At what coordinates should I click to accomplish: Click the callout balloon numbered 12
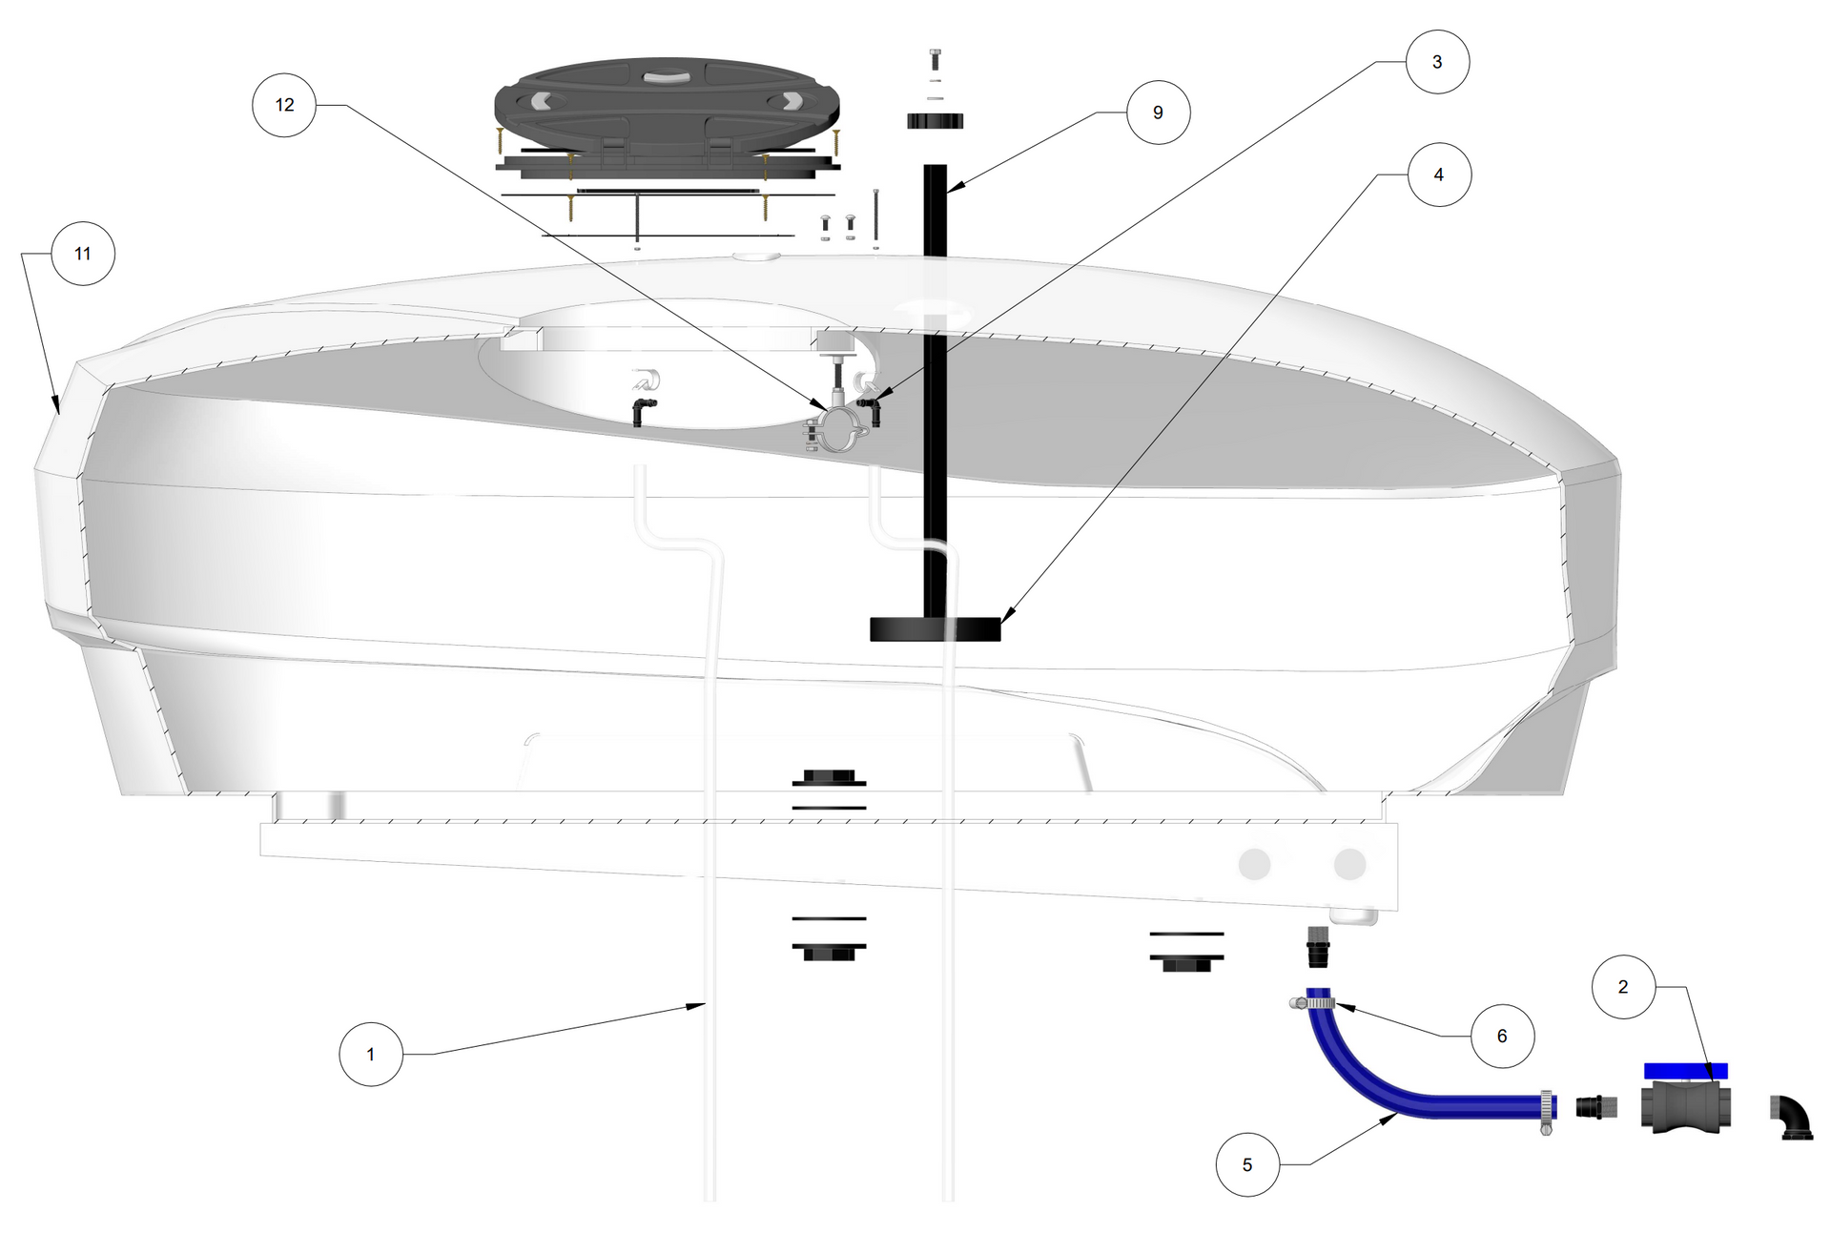tap(284, 105)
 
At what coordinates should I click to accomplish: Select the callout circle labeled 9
tap(1158, 113)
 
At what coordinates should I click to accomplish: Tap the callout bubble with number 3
tap(1437, 62)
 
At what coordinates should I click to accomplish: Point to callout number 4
tap(1439, 175)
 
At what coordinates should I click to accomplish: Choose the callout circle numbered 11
tap(83, 254)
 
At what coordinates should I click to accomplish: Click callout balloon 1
tap(371, 1055)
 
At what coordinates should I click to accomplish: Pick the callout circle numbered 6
tap(1502, 1037)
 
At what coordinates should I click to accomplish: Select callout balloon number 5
tap(1247, 1165)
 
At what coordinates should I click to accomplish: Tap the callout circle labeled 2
tap(1623, 987)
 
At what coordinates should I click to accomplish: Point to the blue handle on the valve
tap(1686, 1071)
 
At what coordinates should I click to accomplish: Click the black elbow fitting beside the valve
tap(1791, 1117)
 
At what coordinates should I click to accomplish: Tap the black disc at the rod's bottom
tap(936, 629)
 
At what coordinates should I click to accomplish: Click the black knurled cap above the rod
tap(935, 120)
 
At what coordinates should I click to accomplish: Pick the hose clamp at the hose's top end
tap(1311, 1003)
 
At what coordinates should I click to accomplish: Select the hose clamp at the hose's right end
tap(1545, 1111)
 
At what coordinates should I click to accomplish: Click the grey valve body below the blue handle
tap(1686, 1107)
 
